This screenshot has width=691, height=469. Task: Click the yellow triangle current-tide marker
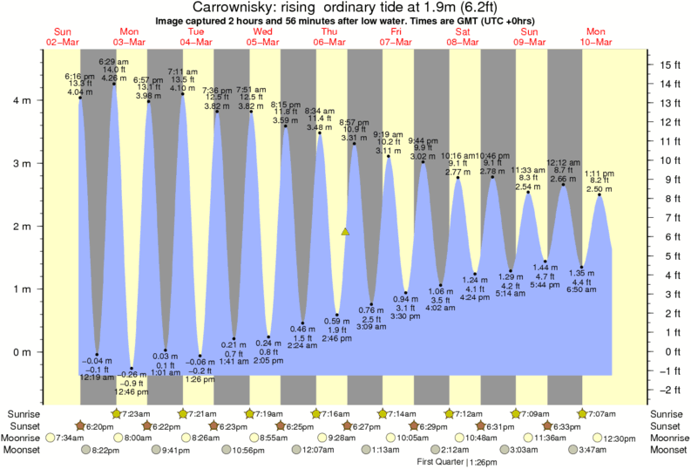[346, 232]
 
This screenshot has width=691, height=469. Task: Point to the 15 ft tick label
[670, 65]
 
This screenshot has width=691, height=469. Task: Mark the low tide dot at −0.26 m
[132, 368]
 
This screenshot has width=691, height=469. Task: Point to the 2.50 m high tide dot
[600, 194]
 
